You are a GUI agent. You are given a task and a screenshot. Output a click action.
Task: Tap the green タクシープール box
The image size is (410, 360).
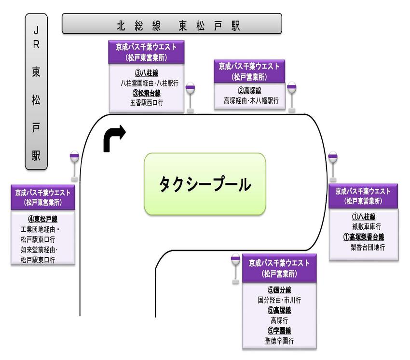[205, 184]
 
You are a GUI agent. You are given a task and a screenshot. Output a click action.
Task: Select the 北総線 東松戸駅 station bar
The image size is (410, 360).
[172, 24]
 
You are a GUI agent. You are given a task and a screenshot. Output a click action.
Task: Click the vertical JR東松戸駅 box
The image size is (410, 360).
[36, 91]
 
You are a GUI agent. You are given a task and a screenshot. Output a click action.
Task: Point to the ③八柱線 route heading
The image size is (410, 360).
[146, 73]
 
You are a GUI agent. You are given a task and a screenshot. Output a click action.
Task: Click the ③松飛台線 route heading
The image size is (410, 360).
[146, 93]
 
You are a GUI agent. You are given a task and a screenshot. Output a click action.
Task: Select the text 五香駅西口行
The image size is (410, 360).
[146, 102]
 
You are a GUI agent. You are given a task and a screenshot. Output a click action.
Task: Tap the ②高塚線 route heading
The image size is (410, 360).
[249, 91]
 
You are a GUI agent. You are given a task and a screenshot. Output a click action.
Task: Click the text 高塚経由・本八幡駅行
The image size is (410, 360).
[249, 101]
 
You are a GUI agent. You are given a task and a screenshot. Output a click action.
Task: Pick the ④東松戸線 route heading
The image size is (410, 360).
[42, 219]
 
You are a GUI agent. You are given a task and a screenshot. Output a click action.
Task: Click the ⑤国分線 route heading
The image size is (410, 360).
[279, 290]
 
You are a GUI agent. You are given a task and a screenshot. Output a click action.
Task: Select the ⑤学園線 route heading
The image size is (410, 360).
[279, 331]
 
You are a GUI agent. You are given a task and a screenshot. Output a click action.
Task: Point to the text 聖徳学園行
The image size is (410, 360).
[279, 341]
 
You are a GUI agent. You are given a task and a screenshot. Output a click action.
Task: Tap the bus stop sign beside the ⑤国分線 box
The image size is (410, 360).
[235, 267]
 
